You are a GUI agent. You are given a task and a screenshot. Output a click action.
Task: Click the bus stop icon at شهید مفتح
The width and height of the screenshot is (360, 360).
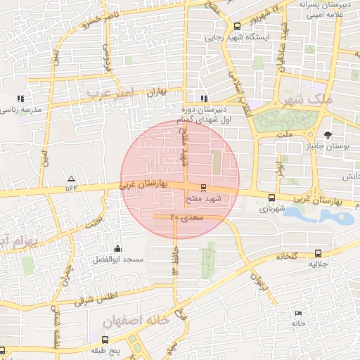(204, 188)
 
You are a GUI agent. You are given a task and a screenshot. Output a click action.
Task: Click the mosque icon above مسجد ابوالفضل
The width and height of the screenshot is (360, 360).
(117, 248)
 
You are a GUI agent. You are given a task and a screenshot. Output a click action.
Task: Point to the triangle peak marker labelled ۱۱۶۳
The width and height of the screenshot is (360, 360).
(70, 177)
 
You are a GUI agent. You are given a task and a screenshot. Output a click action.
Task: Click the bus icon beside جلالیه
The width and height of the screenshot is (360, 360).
(319, 253)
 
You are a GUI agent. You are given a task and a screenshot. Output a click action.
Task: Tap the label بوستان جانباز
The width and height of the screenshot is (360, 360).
(334, 146)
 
